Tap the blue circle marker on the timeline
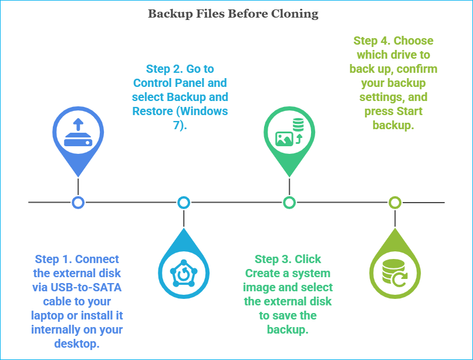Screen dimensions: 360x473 pos(78,203)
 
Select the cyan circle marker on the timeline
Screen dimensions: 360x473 pos(184,203)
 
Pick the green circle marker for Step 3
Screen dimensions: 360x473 pos(289,203)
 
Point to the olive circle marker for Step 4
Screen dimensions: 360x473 pos(395,203)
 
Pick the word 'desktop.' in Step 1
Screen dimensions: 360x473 pos(77,344)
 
